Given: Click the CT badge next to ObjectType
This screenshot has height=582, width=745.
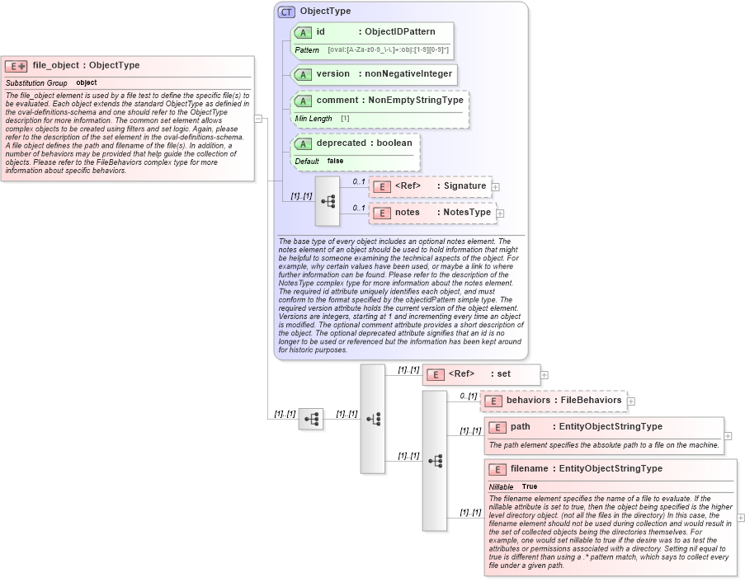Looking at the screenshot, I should click(286, 12).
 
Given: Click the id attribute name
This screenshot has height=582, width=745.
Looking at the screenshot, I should click(320, 32).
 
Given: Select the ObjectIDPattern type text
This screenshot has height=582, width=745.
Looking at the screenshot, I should click(400, 32).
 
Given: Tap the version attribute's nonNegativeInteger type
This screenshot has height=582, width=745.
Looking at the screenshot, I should click(408, 74).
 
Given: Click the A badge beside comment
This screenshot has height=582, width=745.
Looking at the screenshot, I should click(303, 101).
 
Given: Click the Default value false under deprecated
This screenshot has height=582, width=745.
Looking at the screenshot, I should click(335, 162).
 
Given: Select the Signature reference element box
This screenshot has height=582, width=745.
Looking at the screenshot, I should click(429, 186).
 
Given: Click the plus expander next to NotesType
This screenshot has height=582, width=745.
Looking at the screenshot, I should click(500, 214).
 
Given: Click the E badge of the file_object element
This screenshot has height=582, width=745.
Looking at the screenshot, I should click(16, 66).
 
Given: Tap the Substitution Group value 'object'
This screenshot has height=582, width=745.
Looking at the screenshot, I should click(86, 83).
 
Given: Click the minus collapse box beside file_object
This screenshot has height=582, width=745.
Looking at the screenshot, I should click(258, 119).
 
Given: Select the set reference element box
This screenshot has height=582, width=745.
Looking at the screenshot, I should click(481, 374).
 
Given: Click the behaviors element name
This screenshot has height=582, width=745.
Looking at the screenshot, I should click(528, 401).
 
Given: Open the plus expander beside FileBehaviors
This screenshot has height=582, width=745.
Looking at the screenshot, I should click(631, 401).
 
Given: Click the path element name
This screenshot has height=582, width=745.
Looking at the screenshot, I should click(521, 427).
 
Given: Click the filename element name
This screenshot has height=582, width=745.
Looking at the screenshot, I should click(529, 469).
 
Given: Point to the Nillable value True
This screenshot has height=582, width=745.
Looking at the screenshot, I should click(529, 487).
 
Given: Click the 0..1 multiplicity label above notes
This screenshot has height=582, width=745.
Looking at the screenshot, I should click(359, 208).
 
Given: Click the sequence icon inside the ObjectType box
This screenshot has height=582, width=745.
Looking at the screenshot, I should click(328, 200).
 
